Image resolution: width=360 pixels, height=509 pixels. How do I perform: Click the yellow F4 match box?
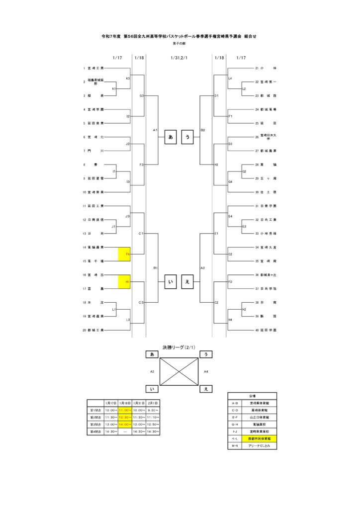124,254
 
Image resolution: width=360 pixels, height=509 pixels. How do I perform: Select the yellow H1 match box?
124,282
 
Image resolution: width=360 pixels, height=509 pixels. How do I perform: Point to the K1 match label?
114,88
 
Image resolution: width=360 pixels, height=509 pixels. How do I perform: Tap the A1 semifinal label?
155,130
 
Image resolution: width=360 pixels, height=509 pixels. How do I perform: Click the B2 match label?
202,130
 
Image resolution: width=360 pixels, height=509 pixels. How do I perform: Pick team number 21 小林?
265,68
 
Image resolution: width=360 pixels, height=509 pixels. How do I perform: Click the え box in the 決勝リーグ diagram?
205,389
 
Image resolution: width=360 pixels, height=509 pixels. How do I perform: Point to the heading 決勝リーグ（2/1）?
180,347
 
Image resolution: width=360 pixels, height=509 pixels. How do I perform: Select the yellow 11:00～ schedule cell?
125,410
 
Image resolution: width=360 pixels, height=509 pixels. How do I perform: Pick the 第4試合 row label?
94,431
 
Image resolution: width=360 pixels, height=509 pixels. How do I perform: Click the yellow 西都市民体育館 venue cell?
259,439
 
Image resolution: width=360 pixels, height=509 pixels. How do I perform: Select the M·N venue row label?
235,446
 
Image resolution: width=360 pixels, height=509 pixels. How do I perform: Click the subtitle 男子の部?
180,44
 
